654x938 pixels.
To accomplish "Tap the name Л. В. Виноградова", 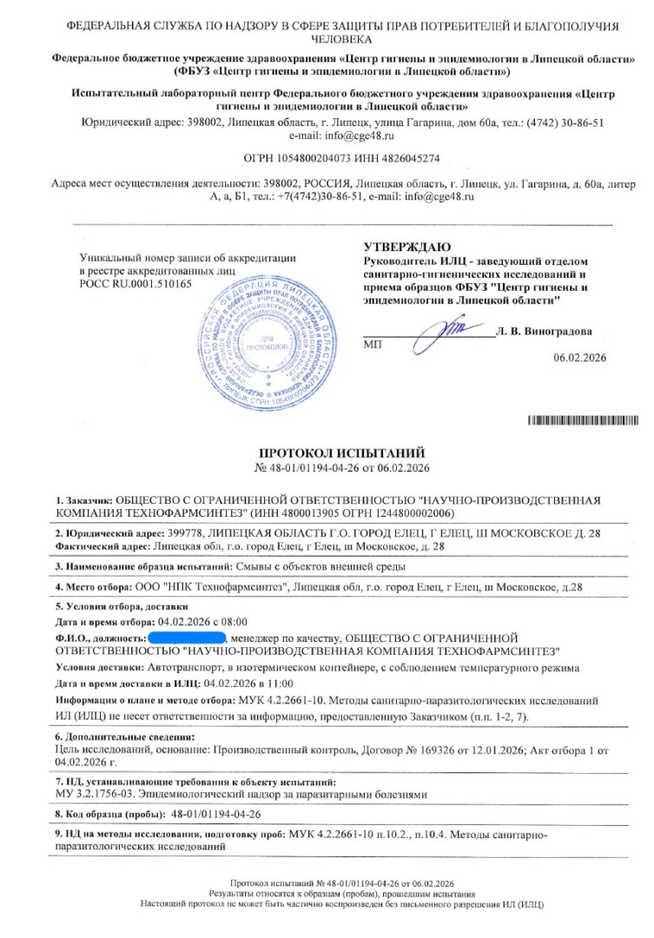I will coord(545,331).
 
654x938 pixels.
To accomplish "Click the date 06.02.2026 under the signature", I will coord(579,357).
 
